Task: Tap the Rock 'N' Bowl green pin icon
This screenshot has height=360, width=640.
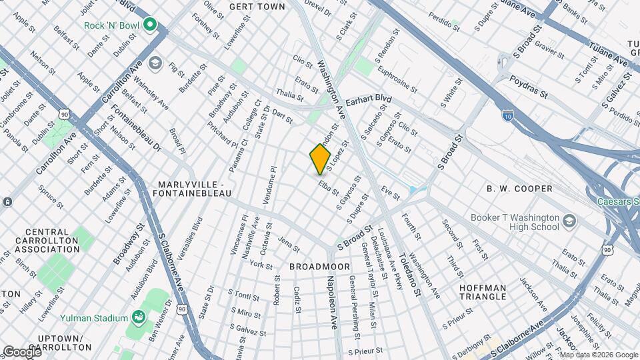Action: click(x=151, y=26)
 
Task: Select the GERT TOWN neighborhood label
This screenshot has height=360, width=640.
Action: click(x=257, y=7)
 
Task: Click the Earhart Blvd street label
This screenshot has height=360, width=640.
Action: click(x=367, y=97)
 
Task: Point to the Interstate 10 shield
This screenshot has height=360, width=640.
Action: click(x=508, y=116)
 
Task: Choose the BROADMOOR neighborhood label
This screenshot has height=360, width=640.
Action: click(x=320, y=266)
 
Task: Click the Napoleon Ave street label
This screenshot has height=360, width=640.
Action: click(x=331, y=304)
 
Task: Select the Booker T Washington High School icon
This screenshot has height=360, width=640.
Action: click(x=569, y=221)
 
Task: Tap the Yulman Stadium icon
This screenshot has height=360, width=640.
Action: click(x=139, y=315)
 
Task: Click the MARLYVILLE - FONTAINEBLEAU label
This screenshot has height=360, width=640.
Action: click(x=195, y=188)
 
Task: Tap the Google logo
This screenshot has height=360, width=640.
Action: click(x=22, y=351)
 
